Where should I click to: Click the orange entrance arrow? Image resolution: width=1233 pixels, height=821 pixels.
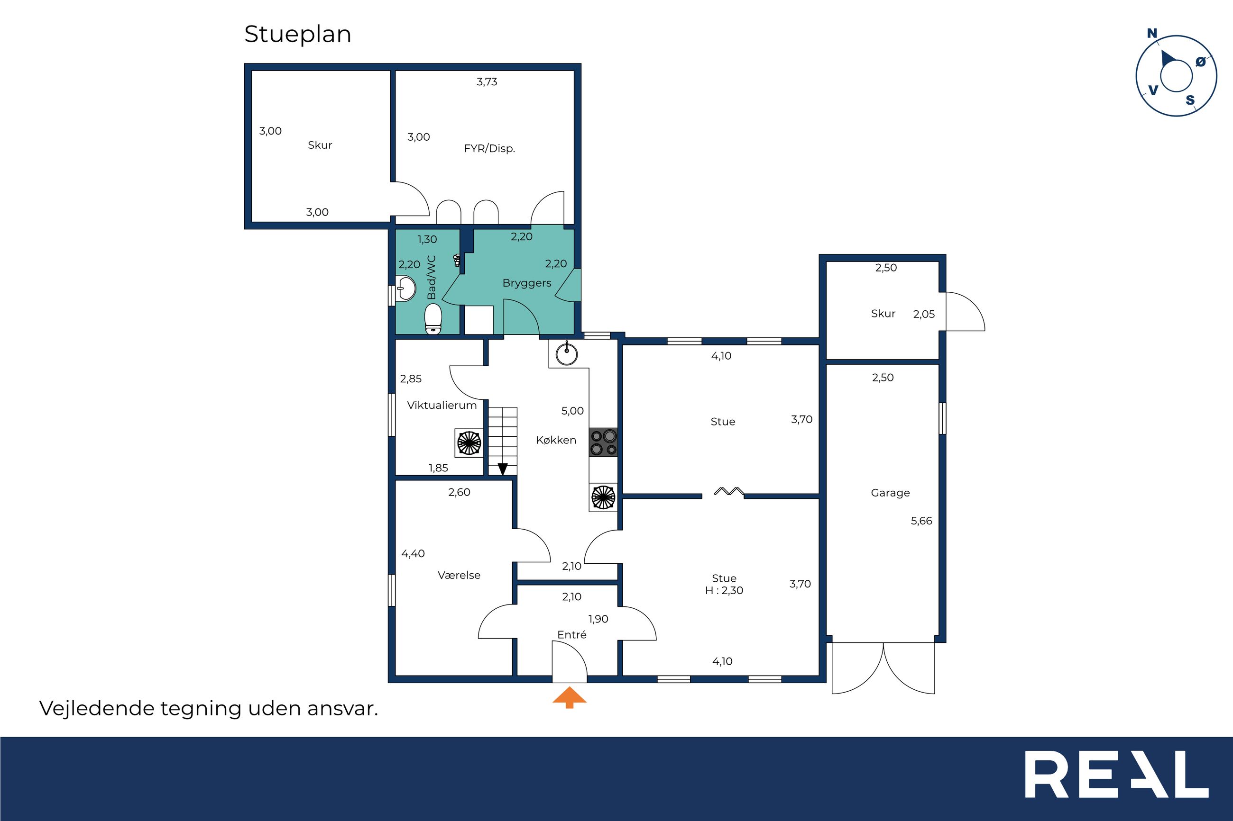[x=569, y=698]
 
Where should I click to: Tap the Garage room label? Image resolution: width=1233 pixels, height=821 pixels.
[x=890, y=493]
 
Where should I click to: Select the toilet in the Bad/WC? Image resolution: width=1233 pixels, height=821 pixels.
[x=433, y=319]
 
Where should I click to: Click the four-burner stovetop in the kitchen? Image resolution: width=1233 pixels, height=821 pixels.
[x=603, y=442]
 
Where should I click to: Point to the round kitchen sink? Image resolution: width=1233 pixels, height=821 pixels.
[x=566, y=353]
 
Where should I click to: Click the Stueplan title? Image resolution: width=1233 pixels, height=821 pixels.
[x=298, y=35]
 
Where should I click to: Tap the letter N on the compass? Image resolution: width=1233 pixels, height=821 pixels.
[x=1152, y=34]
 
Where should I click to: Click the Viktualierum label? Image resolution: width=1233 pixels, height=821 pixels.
[x=442, y=405]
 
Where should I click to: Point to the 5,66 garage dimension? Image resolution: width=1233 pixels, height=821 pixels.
[x=921, y=521]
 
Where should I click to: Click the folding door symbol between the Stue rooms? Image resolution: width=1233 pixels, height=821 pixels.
[x=729, y=491]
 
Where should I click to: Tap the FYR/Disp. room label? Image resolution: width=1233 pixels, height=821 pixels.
[x=489, y=149]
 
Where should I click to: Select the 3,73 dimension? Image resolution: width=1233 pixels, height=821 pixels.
[x=487, y=81]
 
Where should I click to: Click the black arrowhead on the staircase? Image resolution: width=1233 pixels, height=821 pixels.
[x=503, y=469]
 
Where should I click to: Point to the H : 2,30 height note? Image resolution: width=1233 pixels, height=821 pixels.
[x=724, y=591]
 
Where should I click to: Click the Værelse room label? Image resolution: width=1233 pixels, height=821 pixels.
[x=459, y=576]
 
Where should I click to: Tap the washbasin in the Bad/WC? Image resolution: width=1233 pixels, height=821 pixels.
[x=406, y=288]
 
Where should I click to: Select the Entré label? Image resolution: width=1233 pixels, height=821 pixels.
[x=572, y=635]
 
